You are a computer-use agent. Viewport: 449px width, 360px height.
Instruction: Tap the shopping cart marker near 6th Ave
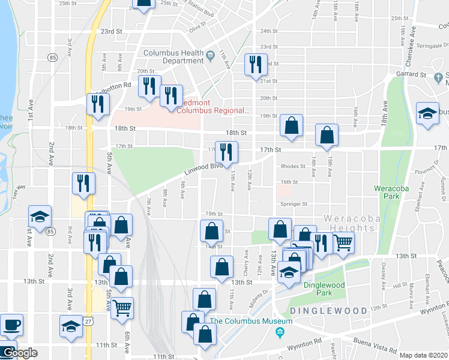(122, 308)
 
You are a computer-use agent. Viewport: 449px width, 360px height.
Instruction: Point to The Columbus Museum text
(251, 321)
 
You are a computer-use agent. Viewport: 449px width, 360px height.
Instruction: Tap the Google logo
(19, 353)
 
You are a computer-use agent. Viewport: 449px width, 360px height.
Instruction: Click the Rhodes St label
(293, 167)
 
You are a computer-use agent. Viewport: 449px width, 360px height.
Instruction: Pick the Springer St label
(294, 204)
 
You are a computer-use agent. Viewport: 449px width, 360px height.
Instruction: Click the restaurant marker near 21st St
(256, 65)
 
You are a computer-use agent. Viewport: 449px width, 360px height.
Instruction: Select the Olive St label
(197, 27)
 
